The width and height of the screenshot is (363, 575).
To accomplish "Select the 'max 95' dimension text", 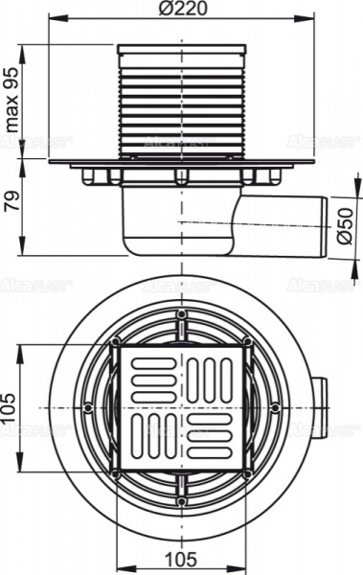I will [13, 103].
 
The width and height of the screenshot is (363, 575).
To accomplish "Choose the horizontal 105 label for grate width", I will [181, 560].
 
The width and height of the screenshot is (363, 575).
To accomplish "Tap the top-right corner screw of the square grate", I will [247, 341].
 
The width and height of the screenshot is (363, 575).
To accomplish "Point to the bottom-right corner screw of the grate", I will [247, 473].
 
